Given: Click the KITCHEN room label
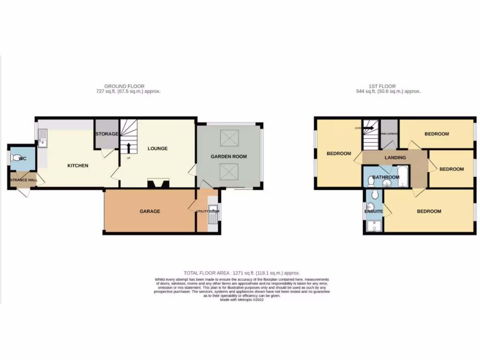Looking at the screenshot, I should (x=78, y=165).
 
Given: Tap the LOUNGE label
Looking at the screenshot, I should (x=157, y=149).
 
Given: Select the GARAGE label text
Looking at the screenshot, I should (x=150, y=211).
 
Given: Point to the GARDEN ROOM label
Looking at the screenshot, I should (x=228, y=157).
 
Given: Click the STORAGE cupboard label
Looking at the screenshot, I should (x=106, y=134).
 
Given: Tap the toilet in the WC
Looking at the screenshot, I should (x=18, y=158).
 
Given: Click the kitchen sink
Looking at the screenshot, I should (x=43, y=138).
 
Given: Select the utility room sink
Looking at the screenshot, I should (x=213, y=214).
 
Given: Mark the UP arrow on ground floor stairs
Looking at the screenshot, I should (x=129, y=148).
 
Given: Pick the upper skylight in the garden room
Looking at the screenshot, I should (x=229, y=138).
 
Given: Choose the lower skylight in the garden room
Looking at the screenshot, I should (x=229, y=172).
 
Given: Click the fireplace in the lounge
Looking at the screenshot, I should (x=157, y=184).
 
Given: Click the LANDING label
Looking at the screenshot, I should (x=395, y=157).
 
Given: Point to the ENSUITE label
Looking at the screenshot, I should (x=374, y=211).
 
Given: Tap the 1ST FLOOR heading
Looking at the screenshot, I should (x=382, y=86).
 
